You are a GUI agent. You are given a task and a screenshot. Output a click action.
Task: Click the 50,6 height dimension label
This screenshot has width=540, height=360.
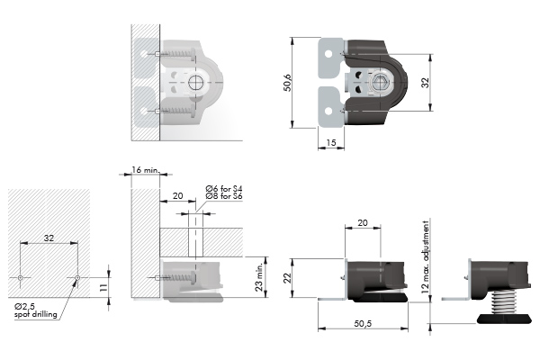pyautogui.click(x=288, y=83)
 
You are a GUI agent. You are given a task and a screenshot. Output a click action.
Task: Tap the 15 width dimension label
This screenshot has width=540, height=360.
pyautogui.click(x=330, y=142)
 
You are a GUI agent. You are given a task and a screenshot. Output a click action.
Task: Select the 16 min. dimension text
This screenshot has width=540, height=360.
pyautogui.click(x=145, y=169)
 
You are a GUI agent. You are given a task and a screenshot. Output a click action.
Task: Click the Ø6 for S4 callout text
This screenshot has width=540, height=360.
pyautogui.click(x=224, y=188)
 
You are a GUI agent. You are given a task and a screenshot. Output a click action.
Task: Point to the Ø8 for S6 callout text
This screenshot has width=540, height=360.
pyautogui.click(x=224, y=196)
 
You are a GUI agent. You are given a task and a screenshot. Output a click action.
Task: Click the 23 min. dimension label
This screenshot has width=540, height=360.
pyautogui.click(x=259, y=277)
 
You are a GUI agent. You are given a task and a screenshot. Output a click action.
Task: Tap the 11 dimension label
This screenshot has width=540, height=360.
pyautogui.click(x=103, y=288)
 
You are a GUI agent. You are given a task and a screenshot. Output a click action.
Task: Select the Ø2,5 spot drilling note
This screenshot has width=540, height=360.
pyautogui.click(x=35, y=310)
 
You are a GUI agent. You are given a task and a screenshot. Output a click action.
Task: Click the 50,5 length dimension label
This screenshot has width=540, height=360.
pyautogui.click(x=363, y=323)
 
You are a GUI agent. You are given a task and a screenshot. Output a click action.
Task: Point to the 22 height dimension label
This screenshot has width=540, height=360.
pyautogui.click(x=287, y=278)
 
